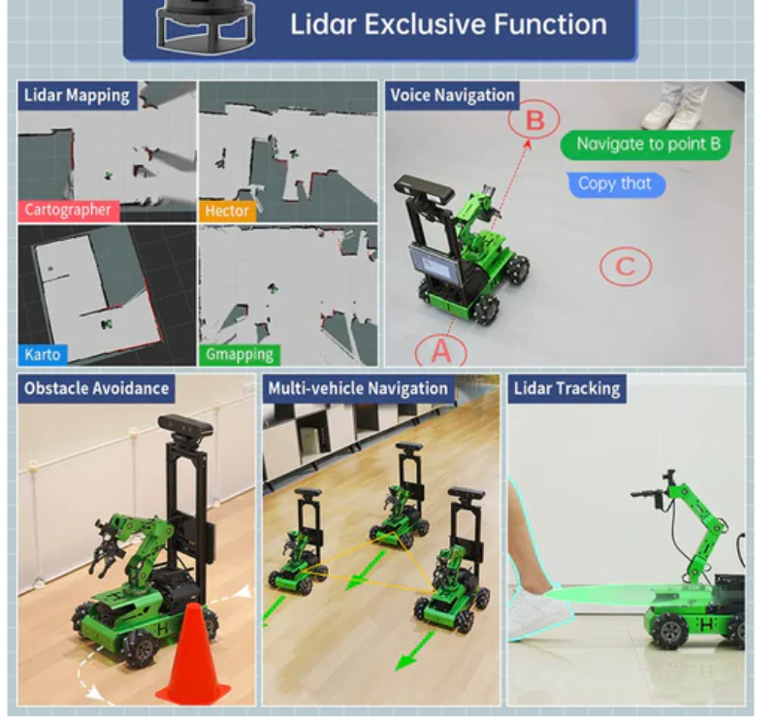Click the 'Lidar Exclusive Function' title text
[448, 24]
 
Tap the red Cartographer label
[68, 211]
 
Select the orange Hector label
[227, 211]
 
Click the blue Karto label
[43, 354]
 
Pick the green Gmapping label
[240, 355]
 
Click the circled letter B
[534, 119]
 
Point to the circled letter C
[626, 266]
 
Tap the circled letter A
[441, 351]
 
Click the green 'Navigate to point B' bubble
[648, 145]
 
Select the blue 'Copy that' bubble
[615, 184]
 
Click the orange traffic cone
[193, 654]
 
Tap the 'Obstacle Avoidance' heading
[97, 388]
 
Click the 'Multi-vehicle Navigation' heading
[358, 388]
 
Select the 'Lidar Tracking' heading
[567, 388]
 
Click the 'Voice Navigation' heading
[452, 95]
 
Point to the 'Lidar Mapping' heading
[78, 95]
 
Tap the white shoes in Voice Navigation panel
[674, 110]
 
